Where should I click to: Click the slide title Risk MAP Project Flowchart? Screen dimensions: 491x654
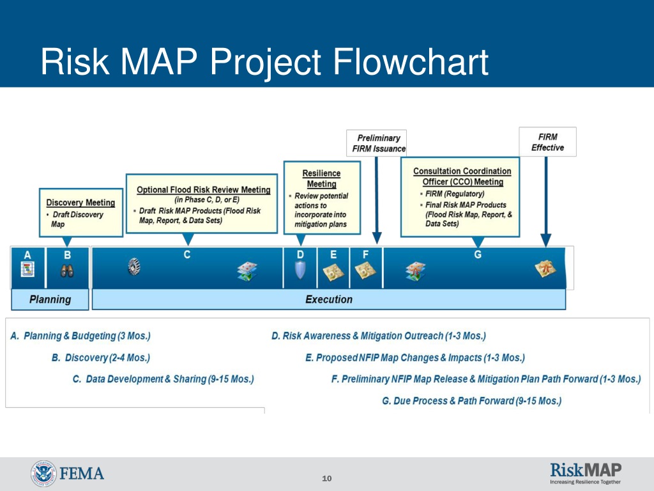264,63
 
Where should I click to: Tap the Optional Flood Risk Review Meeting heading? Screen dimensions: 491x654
203,190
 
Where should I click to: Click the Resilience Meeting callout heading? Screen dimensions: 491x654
321,178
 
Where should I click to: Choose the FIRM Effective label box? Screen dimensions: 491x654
547,142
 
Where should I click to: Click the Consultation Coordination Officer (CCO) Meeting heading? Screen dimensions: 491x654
462,176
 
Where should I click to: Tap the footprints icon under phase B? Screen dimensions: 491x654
67,270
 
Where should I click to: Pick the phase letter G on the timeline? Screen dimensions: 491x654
478,254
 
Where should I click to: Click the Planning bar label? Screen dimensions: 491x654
50,299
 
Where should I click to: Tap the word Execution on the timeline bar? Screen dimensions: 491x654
328,299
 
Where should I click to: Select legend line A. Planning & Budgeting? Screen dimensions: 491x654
80,336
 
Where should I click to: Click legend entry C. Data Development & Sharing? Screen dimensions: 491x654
163,379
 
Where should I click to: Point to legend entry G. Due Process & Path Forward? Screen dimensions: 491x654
471,401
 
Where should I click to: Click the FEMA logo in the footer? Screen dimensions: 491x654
67,474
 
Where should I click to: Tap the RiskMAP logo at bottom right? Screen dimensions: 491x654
585,473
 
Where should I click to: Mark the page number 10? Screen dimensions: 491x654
327,479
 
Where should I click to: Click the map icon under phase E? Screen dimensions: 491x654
333,272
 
